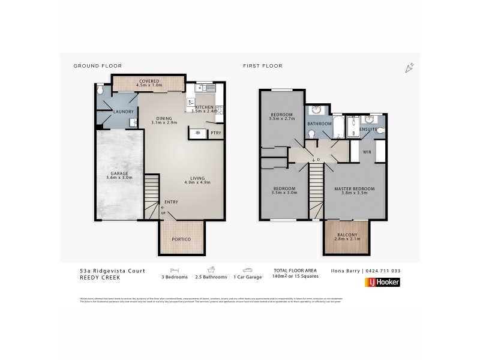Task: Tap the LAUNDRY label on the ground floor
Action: pos(123,112)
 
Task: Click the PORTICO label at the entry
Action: pos(181,239)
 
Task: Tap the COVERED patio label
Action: pos(149,81)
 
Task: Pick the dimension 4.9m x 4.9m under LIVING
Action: pos(197,182)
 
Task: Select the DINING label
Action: pos(164,118)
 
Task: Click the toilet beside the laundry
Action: pos(100,90)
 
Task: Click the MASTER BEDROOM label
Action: pos(354,189)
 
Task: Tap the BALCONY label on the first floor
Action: pos(347,235)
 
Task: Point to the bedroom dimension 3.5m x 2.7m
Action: pos(281,119)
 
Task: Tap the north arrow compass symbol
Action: pos(410,68)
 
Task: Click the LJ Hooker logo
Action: pos(382,282)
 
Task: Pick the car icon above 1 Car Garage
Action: pos(247,270)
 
